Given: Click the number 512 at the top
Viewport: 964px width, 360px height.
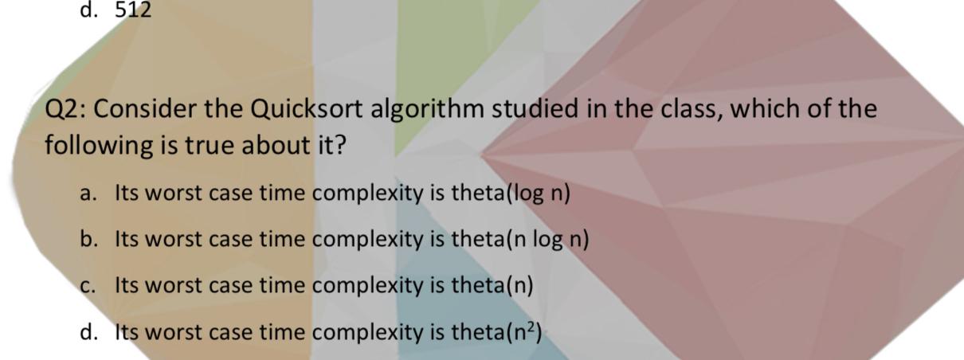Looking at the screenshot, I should pos(133,10).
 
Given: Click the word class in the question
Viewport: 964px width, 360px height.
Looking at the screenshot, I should pos(690,108).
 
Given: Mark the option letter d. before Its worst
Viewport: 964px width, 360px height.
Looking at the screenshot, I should pos(89,331).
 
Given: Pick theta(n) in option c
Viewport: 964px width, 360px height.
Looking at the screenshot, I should pos(492,285).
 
